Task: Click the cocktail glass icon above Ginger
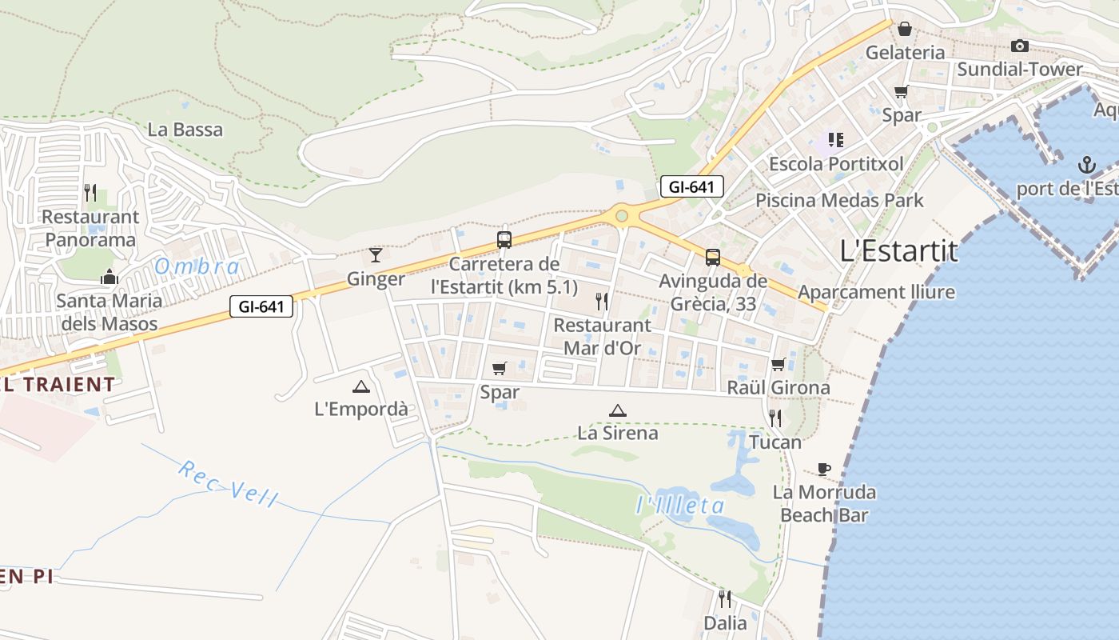point(376,255)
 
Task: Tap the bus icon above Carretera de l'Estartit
point(504,239)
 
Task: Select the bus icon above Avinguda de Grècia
point(712,258)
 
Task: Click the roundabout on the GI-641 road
point(621,215)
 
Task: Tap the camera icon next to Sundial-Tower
point(1019,46)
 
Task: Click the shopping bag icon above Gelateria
point(905,29)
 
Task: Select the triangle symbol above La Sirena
point(617,410)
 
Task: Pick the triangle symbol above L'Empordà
point(361,386)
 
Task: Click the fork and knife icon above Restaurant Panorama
point(90,193)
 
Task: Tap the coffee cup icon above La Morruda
point(824,469)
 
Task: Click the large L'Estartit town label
point(899,251)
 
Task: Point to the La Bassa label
point(185,130)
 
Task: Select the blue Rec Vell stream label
point(228,484)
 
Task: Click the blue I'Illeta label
point(680,506)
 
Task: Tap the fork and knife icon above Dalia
point(725,598)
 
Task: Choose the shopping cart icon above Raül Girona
point(778,365)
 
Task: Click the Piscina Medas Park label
point(839,200)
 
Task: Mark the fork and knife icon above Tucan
point(775,418)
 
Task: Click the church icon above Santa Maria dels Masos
point(109,278)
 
